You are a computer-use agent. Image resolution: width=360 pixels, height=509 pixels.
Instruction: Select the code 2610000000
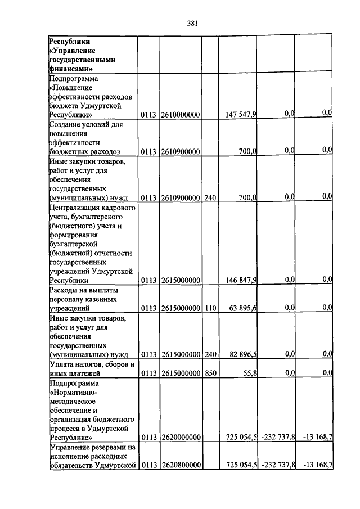point(181,114)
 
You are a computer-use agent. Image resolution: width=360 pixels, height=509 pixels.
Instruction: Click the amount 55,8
point(249,373)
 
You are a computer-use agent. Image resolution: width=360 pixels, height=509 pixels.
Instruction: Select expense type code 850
point(210,373)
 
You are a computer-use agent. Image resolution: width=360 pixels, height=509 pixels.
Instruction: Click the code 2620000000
point(181,437)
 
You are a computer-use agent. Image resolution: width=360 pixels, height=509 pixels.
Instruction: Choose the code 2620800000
point(181,465)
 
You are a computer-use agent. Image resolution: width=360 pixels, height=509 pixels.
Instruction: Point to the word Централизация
point(75,207)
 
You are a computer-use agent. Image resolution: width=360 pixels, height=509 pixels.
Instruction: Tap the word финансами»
point(71,69)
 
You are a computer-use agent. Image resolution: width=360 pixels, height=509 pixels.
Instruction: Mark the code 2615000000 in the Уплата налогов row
point(181,373)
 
